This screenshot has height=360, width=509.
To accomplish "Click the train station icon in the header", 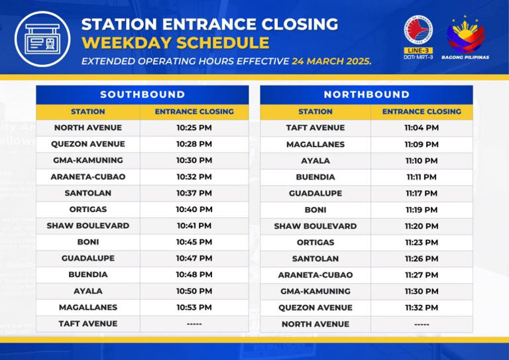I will [x=42, y=38].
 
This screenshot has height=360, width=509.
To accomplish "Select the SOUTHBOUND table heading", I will [x=142, y=95].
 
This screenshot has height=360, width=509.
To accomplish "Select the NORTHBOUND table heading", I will [x=367, y=95].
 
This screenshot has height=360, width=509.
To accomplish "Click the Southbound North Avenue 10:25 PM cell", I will [x=194, y=127].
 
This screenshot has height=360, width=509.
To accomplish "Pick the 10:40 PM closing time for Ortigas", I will [x=194, y=210].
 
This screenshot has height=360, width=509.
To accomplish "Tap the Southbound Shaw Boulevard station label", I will [x=88, y=225].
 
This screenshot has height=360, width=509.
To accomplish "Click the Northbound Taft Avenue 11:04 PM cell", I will [x=422, y=127].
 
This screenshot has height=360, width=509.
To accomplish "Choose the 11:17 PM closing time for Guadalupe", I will [x=422, y=193].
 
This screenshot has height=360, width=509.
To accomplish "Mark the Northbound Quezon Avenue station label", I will [x=315, y=308].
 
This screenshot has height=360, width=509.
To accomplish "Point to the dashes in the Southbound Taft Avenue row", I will [x=194, y=324].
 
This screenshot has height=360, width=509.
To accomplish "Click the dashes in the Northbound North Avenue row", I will [x=422, y=324].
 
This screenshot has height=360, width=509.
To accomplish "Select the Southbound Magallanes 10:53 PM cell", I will [x=194, y=308].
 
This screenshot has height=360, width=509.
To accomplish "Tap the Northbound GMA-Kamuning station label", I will [x=315, y=291].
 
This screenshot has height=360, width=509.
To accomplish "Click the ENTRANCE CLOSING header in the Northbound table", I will [x=422, y=111].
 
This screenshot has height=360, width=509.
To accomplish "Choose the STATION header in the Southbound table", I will [x=88, y=111].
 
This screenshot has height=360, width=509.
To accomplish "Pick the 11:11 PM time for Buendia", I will [x=422, y=177].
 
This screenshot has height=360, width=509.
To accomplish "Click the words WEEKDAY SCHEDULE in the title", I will [x=175, y=44].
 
